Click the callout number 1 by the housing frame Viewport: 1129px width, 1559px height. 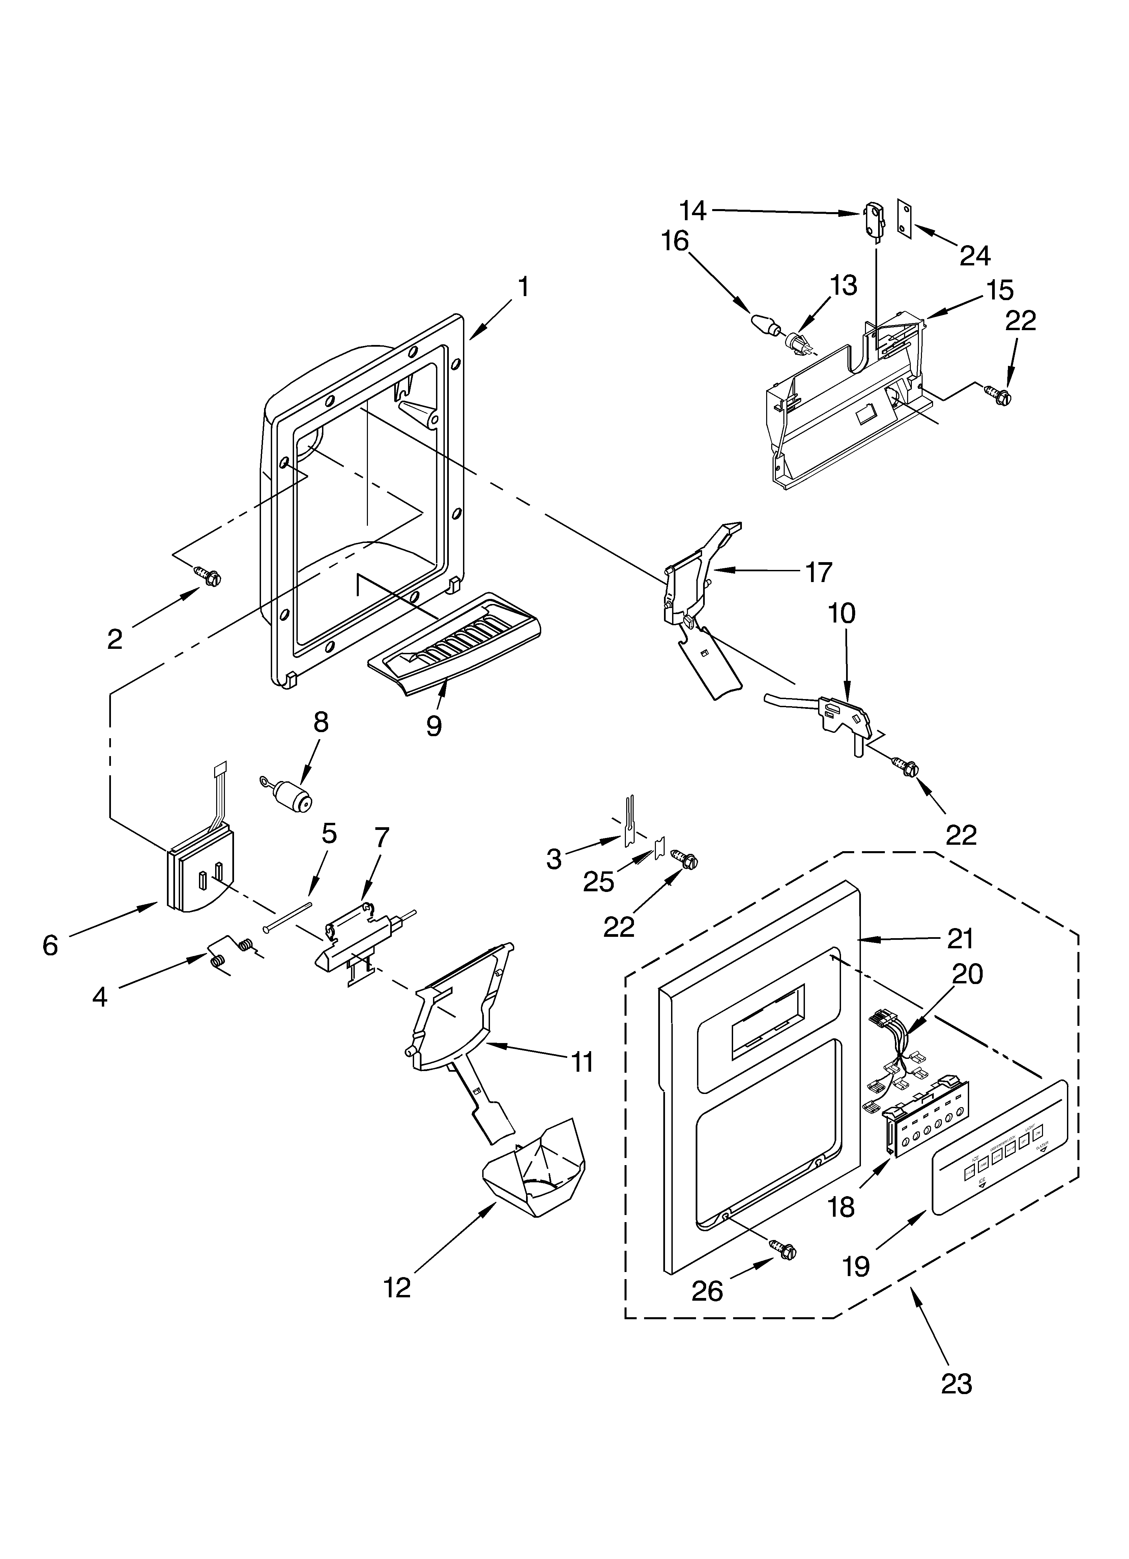tap(523, 287)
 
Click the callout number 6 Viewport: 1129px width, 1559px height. tap(50, 946)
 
